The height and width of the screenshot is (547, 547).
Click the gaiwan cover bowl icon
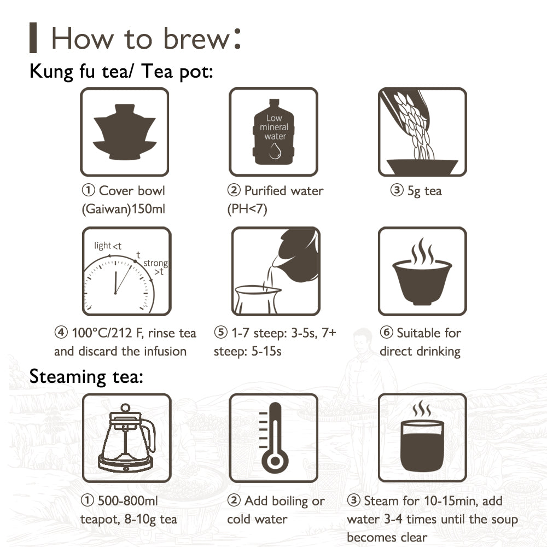click(x=125, y=132)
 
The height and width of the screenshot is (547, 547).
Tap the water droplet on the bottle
click(x=275, y=151)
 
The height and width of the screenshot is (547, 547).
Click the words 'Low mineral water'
click(x=274, y=127)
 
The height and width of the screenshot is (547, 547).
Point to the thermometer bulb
click(x=275, y=461)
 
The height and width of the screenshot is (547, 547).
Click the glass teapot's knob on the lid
click(x=125, y=408)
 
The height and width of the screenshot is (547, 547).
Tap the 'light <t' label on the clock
click(x=107, y=246)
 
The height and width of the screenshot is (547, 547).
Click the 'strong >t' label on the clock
click(x=155, y=267)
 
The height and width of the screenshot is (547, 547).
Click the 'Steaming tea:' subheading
click(x=86, y=377)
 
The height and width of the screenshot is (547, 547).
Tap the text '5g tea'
click(x=424, y=191)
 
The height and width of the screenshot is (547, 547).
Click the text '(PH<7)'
click(x=247, y=209)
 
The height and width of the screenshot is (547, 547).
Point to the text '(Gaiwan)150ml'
click(x=123, y=209)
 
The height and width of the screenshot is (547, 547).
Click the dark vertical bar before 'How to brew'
click(x=33, y=38)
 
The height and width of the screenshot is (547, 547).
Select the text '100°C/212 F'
click(x=107, y=333)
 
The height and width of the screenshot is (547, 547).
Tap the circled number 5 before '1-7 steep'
click(x=220, y=332)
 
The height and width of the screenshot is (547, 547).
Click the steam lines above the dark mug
click(x=422, y=408)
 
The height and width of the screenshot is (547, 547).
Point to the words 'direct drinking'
click(x=420, y=351)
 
